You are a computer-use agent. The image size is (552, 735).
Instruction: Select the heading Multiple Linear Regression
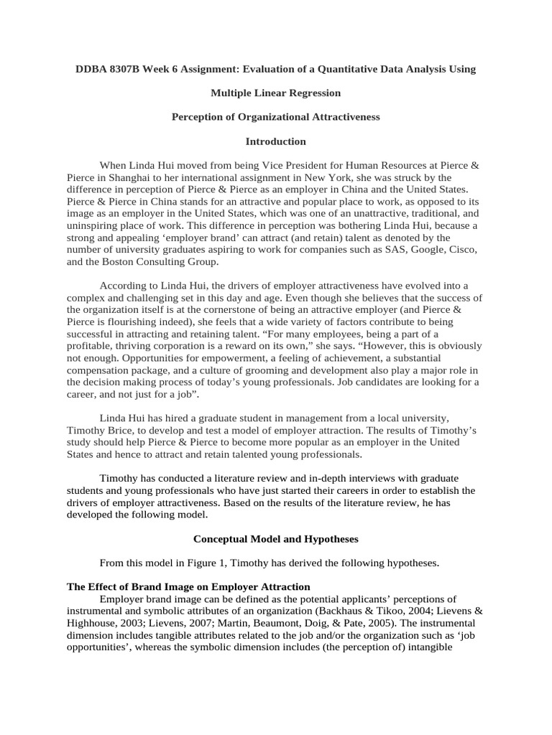click(275, 93)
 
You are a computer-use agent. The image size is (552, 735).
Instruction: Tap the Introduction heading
click(275, 141)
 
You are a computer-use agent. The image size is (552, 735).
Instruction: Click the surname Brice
click(130, 430)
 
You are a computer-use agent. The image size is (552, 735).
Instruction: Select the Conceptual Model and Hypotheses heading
click(275, 539)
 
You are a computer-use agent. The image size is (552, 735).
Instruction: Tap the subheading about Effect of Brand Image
click(188, 587)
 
